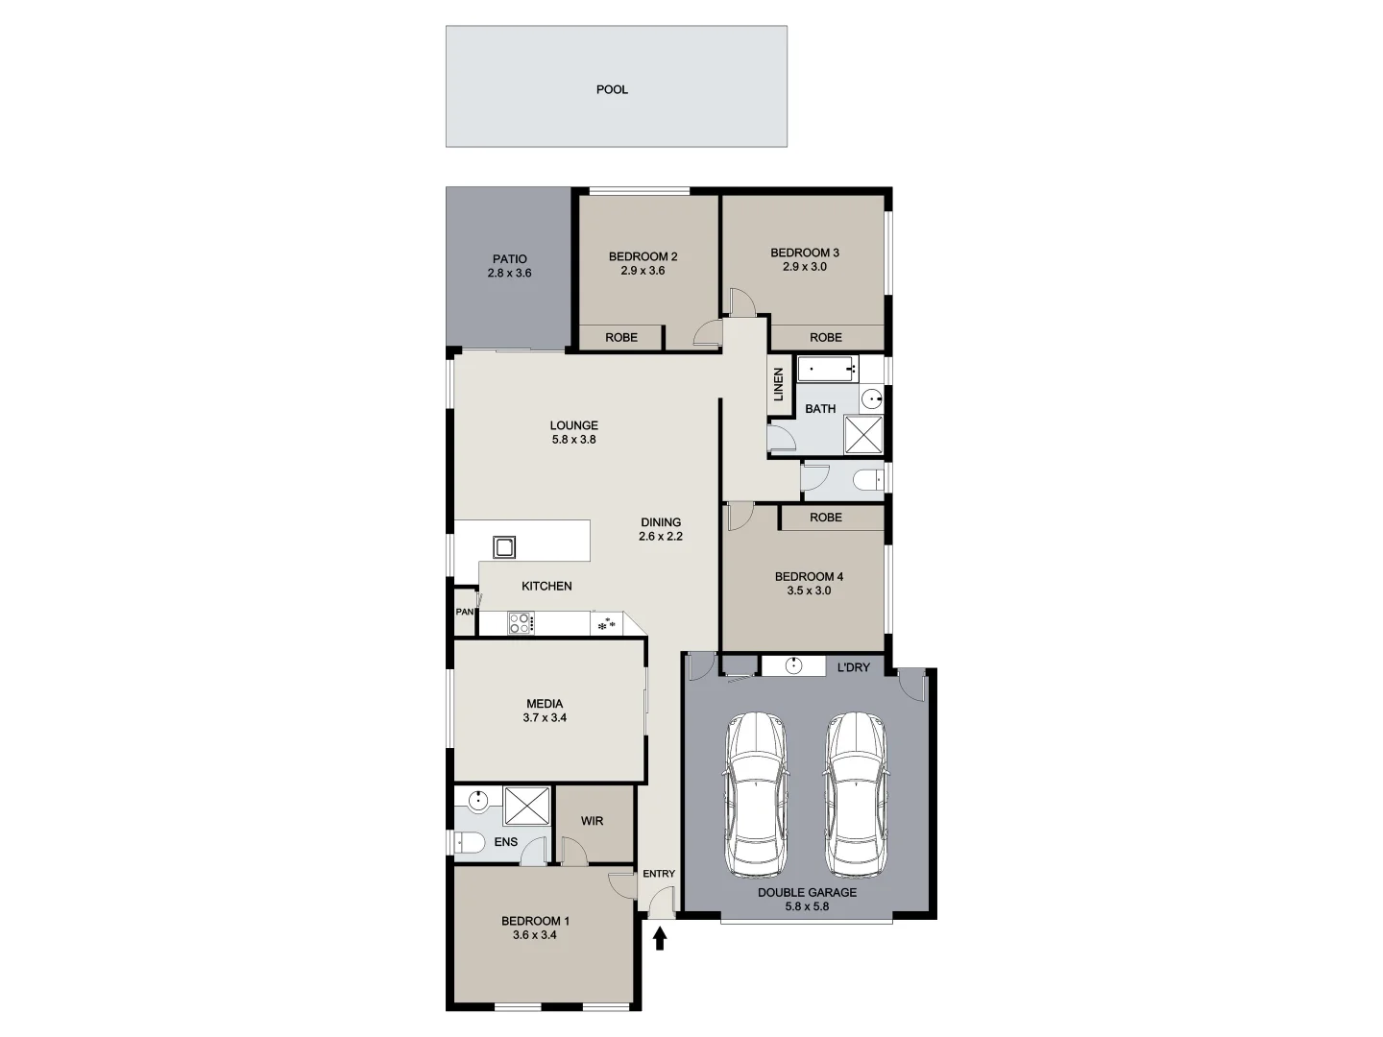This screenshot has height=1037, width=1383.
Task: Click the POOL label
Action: [x=612, y=89]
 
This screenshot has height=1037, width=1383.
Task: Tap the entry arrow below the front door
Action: [x=660, y=937]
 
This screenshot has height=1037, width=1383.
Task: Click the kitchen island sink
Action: [x=504, y=547]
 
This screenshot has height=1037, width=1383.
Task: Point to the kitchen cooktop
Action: [x=521, y=623]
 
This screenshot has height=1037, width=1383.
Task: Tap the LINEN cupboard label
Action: [x=779, y=384]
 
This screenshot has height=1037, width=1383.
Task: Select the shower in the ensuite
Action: [x=527, y=806]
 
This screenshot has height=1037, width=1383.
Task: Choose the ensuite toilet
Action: [x=470, y=842]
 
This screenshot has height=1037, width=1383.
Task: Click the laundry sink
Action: [x=794, y=666]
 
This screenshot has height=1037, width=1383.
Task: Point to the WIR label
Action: [x=592, y=821]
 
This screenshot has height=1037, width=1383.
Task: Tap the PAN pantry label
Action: [x=465, y=612]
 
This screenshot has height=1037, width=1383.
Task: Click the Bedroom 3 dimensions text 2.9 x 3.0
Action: [x=805, y=267]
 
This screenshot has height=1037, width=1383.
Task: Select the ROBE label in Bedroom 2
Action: [x=621, y=337]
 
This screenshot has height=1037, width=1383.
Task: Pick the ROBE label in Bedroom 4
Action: [x=826, y=518]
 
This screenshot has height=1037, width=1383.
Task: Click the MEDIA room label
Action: [x=545, y=704]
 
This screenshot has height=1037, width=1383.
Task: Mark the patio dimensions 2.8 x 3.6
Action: [x=509, y=273]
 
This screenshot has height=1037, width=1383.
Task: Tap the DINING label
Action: [x=661, y=523]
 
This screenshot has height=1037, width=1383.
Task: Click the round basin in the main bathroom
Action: [x=871, y=399]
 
